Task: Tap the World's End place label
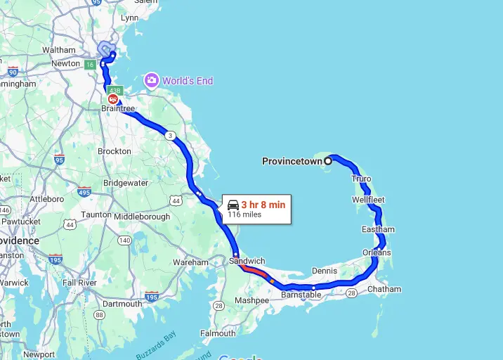[x=188, y=81]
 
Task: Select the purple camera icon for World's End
[x=151, y=80]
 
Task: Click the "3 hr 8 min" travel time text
[x=263, y=205]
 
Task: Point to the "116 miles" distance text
[x=244, y=214]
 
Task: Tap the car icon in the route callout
[x=233, y=205]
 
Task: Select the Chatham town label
[x=384, y=289]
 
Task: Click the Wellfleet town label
[x=368, y=200]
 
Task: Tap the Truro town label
[x=361, y=179]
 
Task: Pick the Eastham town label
[x=378, y=229]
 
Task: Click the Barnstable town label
[x=301, y=295]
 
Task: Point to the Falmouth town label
[x=218, y=333]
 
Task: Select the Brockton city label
[x=115, y=151]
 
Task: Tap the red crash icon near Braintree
[x=112, y=98]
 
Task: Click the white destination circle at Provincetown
[x=328, y=161]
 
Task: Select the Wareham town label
[x=191, y=262]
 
